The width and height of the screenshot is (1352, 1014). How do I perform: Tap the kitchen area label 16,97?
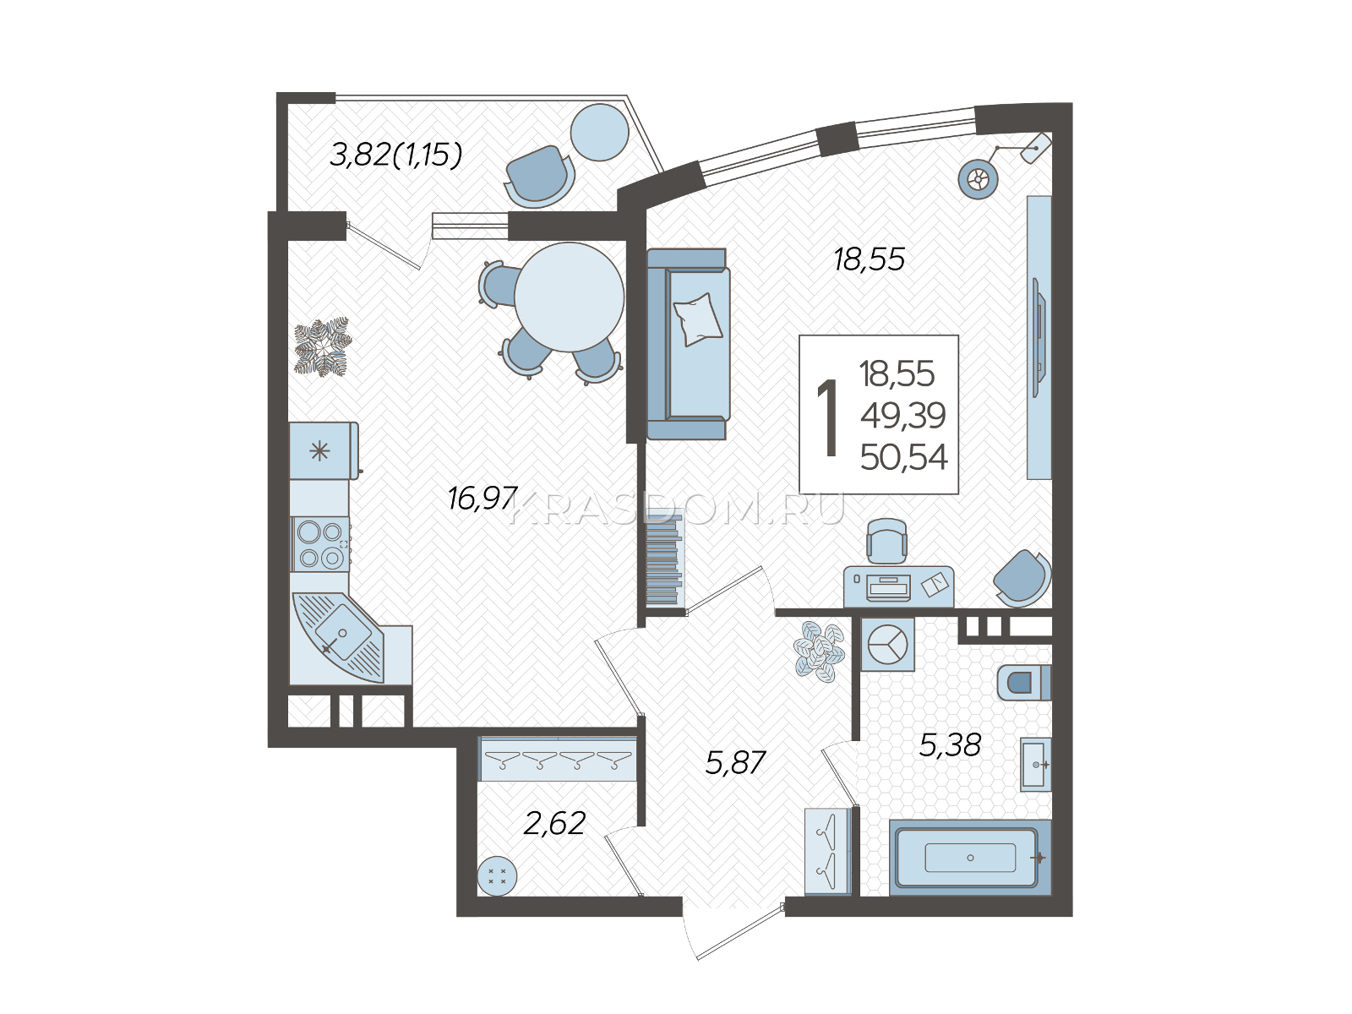point(482,498)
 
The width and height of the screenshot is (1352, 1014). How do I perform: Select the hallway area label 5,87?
point(735,763)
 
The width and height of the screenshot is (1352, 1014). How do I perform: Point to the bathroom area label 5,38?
point(950,745)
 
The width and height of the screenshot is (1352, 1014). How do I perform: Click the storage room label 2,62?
point(553,823)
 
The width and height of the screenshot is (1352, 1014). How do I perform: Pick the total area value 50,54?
point(903,458)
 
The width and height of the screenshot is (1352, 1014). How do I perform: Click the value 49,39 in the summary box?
point(903,417)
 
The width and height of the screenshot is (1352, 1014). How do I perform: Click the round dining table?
point(570,297)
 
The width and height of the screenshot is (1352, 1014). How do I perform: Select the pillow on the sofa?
point(697,319)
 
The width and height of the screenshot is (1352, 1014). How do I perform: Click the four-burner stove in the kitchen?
point(320,544)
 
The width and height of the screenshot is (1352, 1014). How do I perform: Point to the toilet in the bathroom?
point(1023,682)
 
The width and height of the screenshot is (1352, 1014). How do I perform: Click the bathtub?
point(970,858)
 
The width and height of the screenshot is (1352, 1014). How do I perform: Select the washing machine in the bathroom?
point(887,644)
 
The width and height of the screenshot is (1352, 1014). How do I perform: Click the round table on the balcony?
point(599,133)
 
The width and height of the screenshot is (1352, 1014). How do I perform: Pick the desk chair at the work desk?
point(886,542)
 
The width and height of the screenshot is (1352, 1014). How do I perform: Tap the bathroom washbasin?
point(1036,764)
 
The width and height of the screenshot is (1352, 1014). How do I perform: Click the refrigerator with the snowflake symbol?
point(324,451)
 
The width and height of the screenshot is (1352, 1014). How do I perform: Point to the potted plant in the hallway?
point(819,651)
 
